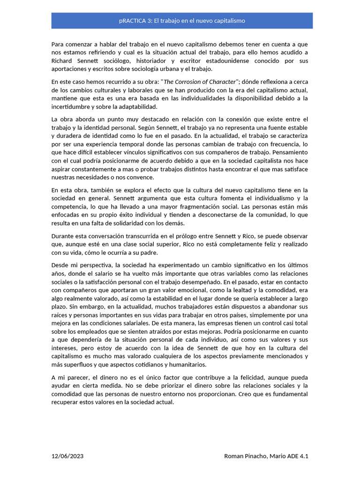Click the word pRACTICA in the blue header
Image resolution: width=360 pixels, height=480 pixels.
132,21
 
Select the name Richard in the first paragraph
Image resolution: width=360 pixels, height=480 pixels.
62,61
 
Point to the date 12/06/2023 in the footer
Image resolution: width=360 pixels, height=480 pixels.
68,456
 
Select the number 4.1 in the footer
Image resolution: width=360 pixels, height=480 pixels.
304,456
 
